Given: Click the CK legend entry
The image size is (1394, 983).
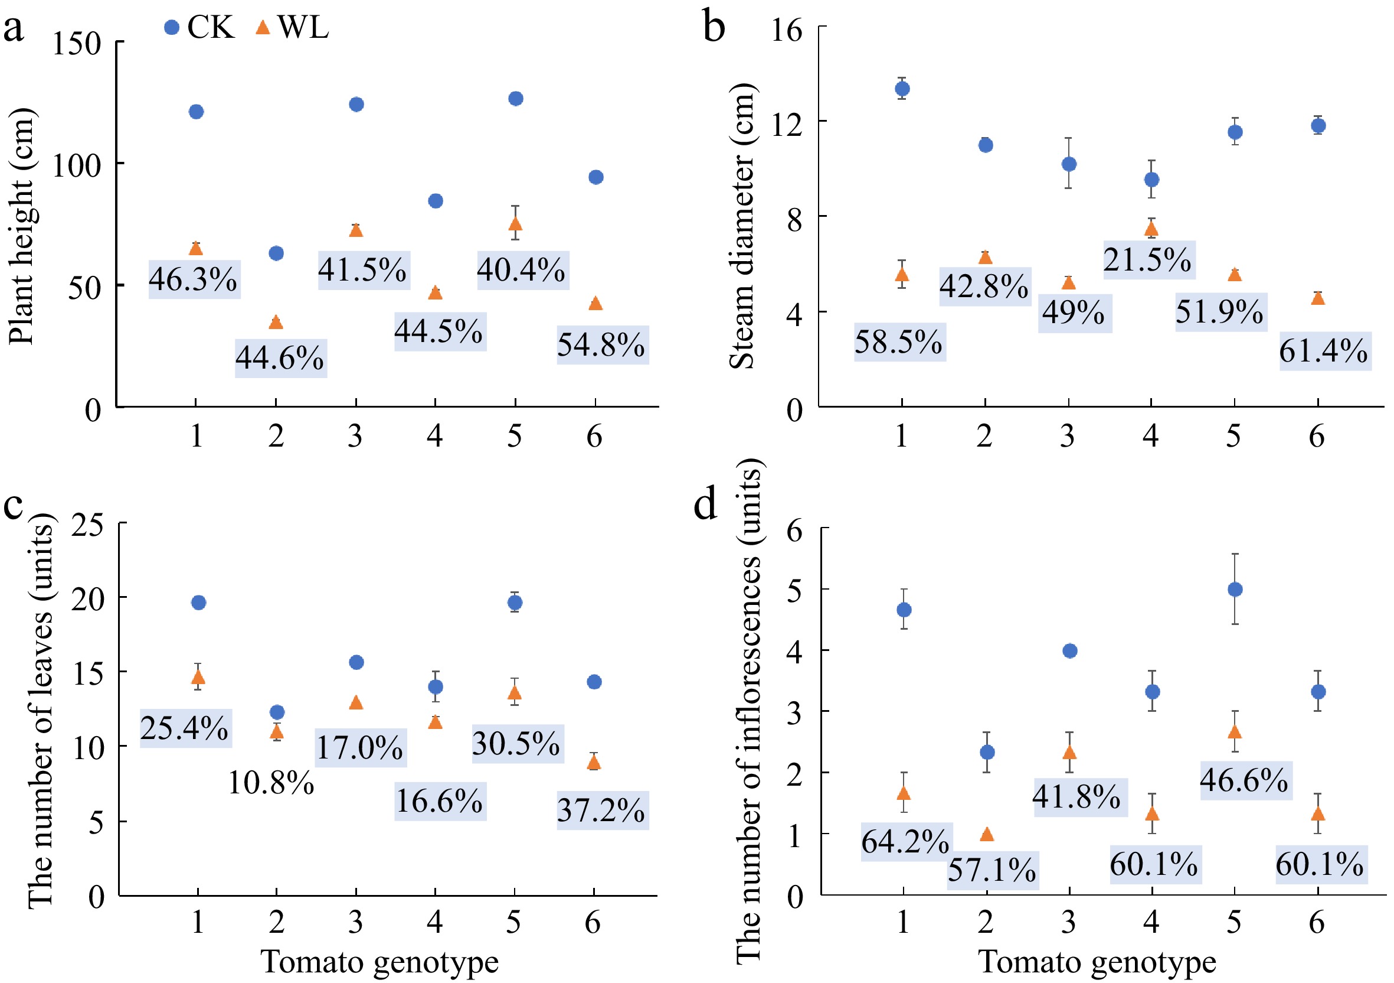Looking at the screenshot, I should click(199, 27).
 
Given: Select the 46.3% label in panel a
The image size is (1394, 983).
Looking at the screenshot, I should click(194, 279).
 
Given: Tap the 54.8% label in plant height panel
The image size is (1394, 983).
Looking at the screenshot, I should click(603, 345).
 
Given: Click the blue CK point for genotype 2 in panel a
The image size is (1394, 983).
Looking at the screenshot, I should click(276, 253).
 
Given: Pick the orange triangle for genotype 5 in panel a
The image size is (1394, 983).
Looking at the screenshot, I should click(515, 223).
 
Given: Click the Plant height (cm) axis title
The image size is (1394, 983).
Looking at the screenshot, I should click(23, 226).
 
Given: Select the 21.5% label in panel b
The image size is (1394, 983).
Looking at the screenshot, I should click(1148, 260).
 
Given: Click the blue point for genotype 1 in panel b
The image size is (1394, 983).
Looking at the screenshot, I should click(903, 89).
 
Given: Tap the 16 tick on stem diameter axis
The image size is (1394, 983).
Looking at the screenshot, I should click(787, 29).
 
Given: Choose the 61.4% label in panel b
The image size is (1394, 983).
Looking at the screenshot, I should click(1324, 351).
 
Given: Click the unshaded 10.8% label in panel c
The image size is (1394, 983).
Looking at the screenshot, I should click(271, 783).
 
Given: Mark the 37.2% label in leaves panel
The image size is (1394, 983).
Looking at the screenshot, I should click(603, 811).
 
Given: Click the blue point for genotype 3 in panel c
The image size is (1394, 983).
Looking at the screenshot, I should click(356, 662).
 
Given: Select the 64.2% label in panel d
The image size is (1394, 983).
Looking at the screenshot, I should click(905, 842).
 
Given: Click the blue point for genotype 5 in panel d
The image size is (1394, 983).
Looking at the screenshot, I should click(1235, 590).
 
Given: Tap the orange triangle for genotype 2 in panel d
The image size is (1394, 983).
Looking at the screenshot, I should click(987, 835).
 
